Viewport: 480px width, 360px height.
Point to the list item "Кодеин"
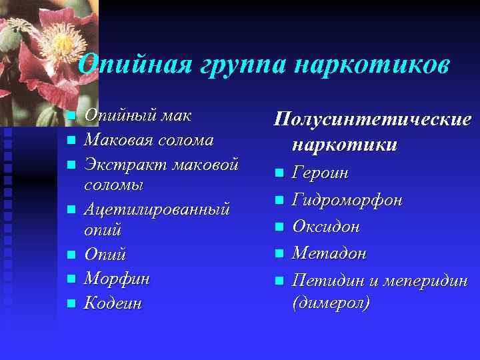(113, 303)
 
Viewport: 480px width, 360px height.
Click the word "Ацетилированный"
(157, 209)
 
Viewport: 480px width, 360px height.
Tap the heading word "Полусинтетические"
(373, 120)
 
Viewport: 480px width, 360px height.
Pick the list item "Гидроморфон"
(347, 200)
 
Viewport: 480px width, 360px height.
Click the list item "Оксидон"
(326, 227)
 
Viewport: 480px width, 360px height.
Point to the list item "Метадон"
(329, 253)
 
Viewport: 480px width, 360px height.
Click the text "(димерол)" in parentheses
(331, 303)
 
